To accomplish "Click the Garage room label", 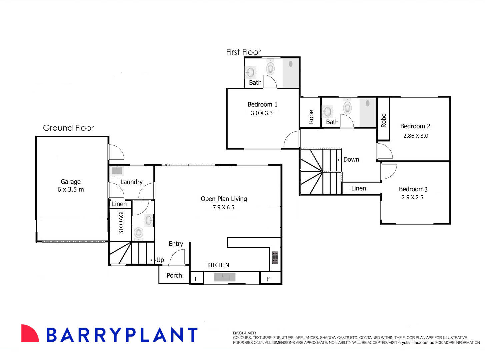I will tap(70, 182).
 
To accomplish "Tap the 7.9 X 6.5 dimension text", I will tap(223, 207).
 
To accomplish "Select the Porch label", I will tap(174, 275).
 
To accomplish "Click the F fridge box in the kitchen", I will tap(196, 278).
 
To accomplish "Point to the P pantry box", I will tap(268, 278).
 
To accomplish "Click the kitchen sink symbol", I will tap(225, 277).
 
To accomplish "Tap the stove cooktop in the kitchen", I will tap(275, 257).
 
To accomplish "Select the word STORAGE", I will tap(121, 222).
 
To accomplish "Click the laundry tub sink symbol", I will tap(117, 171).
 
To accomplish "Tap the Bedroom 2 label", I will tap(415, 126).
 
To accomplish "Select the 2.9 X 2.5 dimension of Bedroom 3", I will tap(412, 197).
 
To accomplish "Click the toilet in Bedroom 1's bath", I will tap(270, 68).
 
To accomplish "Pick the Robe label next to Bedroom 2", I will tap(383, 120).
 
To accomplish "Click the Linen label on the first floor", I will tap(358, 188).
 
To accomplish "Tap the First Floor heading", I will tap(243, 52).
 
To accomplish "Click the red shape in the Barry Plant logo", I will tap(30, 333).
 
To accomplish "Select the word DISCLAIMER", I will tap(244, 333).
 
